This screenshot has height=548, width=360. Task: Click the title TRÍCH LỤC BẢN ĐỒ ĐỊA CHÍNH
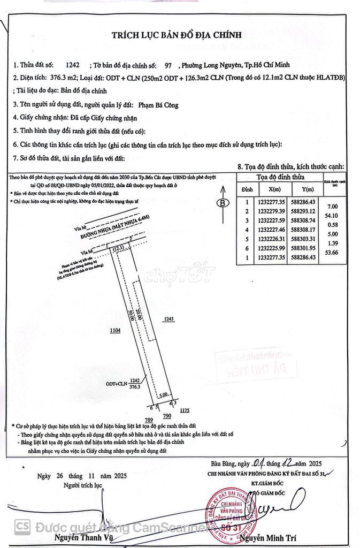(177, 35)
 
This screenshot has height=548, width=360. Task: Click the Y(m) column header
(308, 189)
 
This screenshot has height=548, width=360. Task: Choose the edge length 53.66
(332, 252)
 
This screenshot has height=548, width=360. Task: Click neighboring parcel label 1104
(116, 331)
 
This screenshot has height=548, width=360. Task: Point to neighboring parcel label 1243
(170, 318)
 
